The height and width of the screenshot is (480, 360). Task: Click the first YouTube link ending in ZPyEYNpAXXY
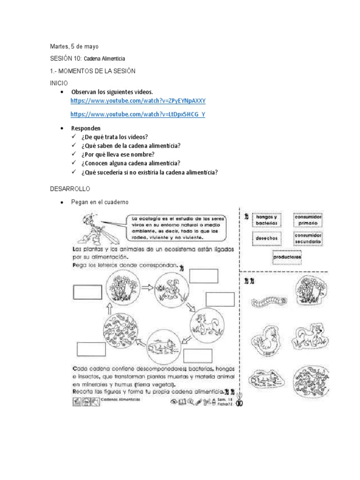coord(138,101)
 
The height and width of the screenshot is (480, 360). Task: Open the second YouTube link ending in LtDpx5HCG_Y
coord(138,114)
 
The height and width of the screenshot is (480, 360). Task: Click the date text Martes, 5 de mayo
coord(74,46)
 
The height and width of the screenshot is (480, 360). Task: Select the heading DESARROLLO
coord(69,188)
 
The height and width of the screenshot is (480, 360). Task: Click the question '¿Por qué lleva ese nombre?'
coord(117,154)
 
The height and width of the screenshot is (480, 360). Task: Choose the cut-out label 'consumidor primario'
coord(307,220)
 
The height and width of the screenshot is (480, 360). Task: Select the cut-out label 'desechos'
coord(267,238)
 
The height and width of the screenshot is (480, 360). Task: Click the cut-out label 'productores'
coord(287,257)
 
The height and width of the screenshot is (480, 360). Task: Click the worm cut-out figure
coord(267,302)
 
